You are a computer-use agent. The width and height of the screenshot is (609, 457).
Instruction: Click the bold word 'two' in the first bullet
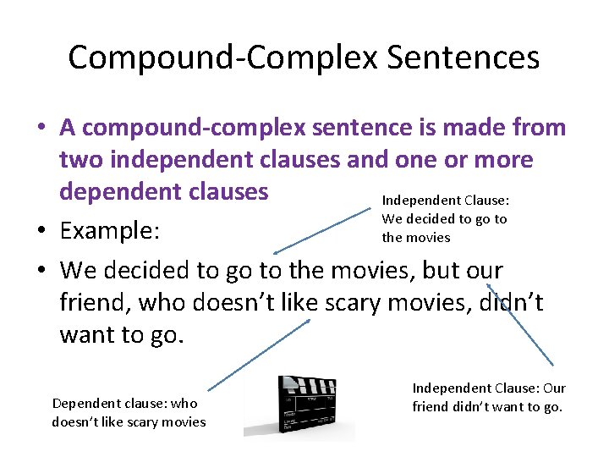[x=82, y=159]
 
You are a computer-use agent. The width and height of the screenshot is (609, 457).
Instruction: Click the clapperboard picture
[x=299, y=407]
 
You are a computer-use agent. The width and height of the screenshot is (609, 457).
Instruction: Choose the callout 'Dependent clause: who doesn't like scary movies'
[x=129, y=412]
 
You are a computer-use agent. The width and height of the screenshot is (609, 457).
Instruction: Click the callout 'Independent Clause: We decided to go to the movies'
[x=445, y=218]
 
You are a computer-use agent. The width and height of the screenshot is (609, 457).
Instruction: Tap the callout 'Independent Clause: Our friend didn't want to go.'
[x=489, y=397]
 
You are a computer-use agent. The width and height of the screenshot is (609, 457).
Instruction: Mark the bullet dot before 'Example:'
[x=41, y=231]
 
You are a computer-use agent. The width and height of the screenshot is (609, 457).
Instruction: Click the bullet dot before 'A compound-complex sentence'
[x=41, y=129]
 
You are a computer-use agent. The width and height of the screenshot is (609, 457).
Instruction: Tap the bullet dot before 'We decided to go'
[x=41, y=271]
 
